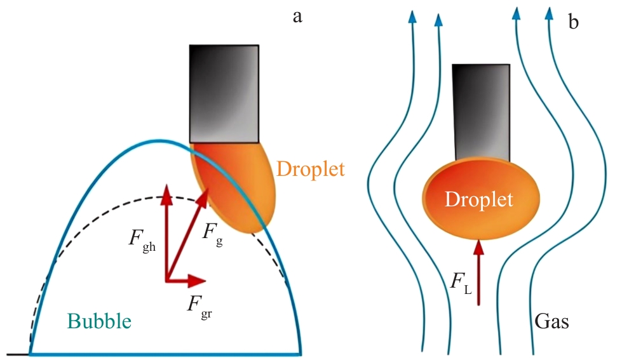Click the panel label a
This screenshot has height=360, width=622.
click(297, 17)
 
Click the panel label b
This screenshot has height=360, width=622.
click(574, 23)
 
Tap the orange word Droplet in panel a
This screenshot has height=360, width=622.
click(311, 168)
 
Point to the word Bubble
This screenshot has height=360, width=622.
click(99, 321)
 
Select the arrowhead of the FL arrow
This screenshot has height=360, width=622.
click(478, 245)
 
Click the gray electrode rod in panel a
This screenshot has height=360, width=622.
click(224, 93)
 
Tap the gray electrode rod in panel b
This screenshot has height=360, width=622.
click(481, 111)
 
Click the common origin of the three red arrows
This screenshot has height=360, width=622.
click(166, 280)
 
